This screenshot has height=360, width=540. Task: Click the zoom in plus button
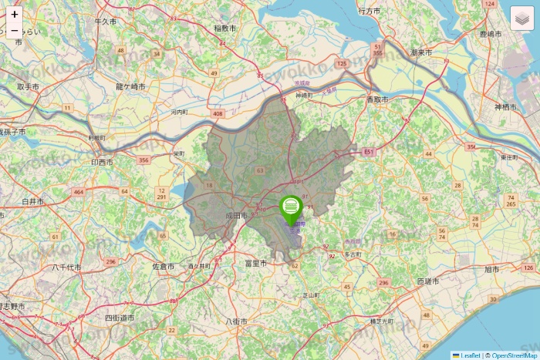(x=15, y=14)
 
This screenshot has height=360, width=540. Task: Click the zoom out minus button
(x=15, y=32)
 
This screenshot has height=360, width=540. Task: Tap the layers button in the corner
(x=522, y=17)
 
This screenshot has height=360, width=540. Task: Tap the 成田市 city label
(x=236, y=216)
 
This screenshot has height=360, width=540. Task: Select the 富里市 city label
(x=255, y=263)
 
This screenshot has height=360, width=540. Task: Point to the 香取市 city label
(x=377, y=100)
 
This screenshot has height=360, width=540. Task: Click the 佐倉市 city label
(x=164, y=266)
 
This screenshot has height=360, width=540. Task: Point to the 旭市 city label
(x=491, y=269)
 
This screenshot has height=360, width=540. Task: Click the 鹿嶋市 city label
(x=491, y=35)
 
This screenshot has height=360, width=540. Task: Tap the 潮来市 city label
(x=421, y=52)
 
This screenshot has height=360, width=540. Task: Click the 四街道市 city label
(x=120, y=318)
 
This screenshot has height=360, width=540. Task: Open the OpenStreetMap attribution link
(x=512, y=355)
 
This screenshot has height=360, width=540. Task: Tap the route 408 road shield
(x=218, y=114)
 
